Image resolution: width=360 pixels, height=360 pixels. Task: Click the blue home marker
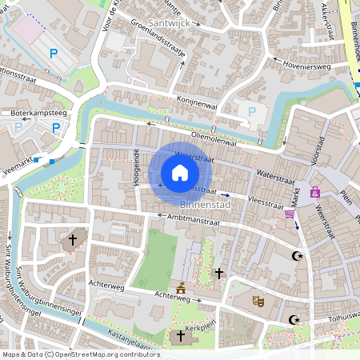(180, 173)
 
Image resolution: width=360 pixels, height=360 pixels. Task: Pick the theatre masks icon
(258, 301)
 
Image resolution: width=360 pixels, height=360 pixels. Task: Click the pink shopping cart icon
(289, 214)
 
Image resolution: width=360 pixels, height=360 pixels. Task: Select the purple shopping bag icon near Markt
(315, 192)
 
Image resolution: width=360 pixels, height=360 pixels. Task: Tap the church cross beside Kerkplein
(180, 338)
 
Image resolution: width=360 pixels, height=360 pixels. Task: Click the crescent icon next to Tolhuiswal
(294, 320)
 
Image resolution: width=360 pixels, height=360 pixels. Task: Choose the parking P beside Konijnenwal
(252, 113)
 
